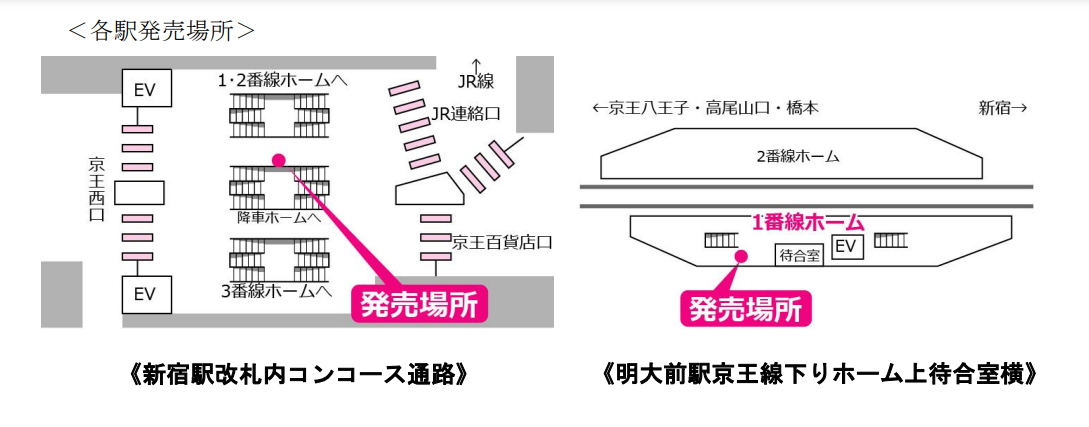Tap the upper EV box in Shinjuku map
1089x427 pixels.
(146, 90)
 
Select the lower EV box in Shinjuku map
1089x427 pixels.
(146, 295)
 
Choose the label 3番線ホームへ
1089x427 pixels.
(275, 291)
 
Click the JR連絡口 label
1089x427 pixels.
(466, 114)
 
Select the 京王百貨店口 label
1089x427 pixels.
(503, 242)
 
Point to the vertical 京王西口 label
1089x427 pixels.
(97, 189)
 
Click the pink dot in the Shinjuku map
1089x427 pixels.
(278, 159)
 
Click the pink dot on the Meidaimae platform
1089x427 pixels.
(741, 257)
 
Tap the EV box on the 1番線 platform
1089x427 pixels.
(847, 246)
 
